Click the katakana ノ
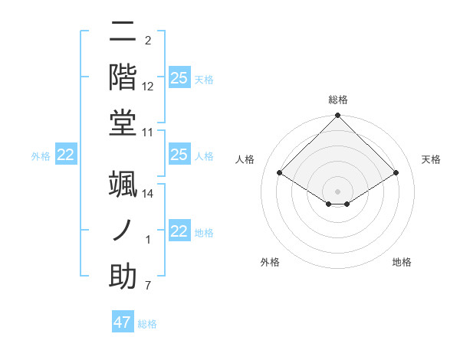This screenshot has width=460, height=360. tap(123, 229)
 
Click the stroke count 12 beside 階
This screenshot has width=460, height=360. tap(148, 87)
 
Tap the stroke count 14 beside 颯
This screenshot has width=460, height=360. tap(148, 194)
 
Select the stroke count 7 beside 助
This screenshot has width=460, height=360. tap(147, 286)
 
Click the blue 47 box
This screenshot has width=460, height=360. tap(123, 322)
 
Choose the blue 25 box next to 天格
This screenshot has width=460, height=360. tap(179, 78)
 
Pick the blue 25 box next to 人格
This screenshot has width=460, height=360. tap(179, 155)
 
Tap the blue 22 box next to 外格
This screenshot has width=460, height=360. tap(66, 155)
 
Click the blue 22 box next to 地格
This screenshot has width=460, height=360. tap(179, 231)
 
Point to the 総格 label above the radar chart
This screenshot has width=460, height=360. tap(338, 100)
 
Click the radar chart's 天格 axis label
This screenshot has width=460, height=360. tap(431, 159)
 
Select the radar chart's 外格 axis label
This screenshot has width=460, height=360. tap(270, 262)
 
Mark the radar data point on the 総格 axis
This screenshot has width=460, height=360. tap(338, 116)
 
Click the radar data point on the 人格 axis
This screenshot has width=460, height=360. tap(280, 173)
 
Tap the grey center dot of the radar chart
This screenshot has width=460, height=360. tap(338, 191)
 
